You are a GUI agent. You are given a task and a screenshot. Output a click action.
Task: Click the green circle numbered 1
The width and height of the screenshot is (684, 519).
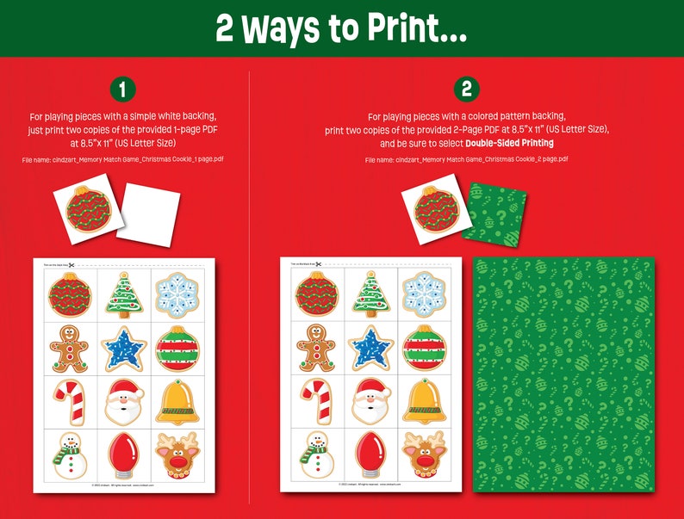(122, 90)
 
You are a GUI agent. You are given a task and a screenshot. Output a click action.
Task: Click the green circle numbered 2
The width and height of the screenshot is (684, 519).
(466, 90)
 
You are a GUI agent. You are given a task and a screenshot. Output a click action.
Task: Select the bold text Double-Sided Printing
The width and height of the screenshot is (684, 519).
(509, 143)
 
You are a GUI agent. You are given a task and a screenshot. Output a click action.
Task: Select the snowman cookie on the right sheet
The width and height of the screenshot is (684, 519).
(316, 454)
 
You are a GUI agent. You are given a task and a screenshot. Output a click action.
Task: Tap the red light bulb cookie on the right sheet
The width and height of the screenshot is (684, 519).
(370, 454)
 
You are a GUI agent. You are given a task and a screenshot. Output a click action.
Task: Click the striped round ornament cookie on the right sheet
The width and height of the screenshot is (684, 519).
(424, 349)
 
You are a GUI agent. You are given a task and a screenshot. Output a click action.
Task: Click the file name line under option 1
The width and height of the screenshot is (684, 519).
(122, 160)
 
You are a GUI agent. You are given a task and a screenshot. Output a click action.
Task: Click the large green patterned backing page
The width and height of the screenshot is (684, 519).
(563, 374)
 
